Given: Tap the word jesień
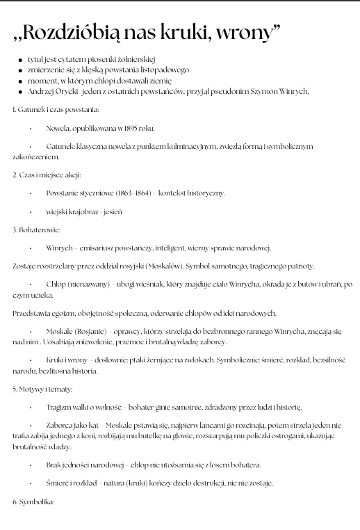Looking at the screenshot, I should (113, 211).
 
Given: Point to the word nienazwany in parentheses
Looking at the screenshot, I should (87, 284).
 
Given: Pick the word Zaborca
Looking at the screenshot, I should (60, 426).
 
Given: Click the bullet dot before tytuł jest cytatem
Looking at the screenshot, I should (20, 61).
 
